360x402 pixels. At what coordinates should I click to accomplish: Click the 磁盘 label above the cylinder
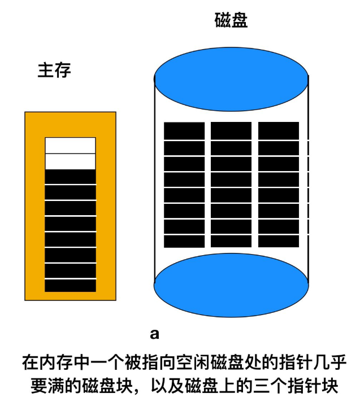232,21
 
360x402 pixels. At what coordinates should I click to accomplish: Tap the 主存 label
54,71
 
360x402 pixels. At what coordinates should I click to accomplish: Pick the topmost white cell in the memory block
70,145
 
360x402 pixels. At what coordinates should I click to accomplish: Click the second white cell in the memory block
70,161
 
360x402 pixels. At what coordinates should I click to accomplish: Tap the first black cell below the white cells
70,177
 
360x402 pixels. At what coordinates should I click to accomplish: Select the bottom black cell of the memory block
70,286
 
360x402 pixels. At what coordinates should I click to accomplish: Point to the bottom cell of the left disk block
184,241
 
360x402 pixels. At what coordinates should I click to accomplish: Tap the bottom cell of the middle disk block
231,241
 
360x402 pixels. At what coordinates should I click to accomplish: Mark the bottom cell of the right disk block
279,241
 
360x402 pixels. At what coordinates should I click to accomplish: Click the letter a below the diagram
154,335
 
